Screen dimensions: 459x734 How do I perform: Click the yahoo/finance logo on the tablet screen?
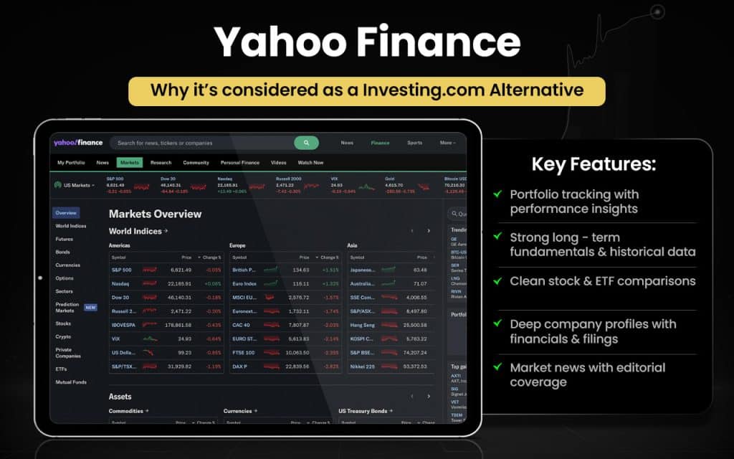(78, 143)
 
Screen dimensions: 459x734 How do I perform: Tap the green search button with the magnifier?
(306, 143)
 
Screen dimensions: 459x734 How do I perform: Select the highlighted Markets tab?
(130, 163)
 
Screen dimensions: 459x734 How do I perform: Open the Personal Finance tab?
(240, 163)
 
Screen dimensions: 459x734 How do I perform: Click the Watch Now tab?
(310, 163)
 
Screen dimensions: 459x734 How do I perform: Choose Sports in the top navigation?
(414, 143)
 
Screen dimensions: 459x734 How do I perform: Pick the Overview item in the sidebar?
(66, 213)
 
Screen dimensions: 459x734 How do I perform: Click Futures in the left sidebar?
(65, 239)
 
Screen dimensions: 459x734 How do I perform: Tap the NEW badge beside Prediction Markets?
(90, 307)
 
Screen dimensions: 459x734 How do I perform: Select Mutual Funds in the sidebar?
(71, 382)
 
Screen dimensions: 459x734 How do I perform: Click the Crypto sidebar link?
(63, 336)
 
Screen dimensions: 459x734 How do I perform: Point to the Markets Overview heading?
(155, 214)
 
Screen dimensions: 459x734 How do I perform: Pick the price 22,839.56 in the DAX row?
(296, 366)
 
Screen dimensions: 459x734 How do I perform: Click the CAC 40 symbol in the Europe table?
(241, 324)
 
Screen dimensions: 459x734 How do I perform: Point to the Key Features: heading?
(594, 164)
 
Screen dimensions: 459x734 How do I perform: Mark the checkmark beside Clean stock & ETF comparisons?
(497, 280)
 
